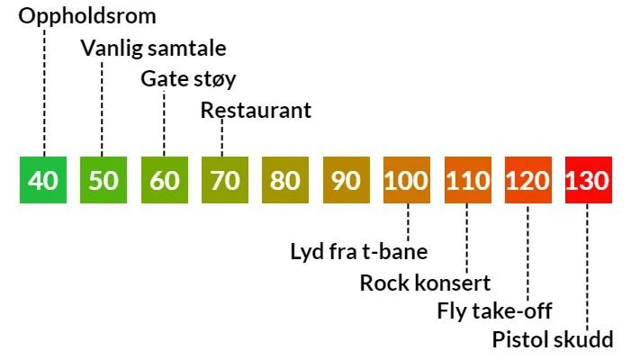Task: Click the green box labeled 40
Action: (43, 180)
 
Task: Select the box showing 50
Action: (104, 180)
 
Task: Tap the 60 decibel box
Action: (164, 180)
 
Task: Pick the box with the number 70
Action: (225, 180)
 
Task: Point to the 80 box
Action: (285, 180)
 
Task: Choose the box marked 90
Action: (346, 180)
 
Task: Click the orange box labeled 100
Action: (407, 180)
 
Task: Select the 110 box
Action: (467, 180)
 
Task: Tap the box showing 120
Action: (527, 180)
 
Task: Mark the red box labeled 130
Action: (588, 180)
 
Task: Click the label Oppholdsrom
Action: (87, 16)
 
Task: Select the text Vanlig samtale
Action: (154, 48)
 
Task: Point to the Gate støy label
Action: (189, 79)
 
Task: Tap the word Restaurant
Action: (256, 111)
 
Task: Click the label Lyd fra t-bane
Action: (358, 251)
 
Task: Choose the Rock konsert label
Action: (425, 283)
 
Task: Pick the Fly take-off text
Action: (494, 311)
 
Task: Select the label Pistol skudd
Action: (553, 340)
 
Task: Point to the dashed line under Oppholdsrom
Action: (43, 90)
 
